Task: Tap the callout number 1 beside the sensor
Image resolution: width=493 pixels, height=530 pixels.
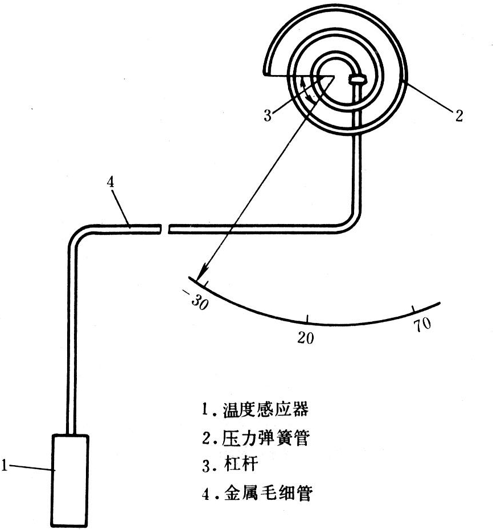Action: [x=4, y=466]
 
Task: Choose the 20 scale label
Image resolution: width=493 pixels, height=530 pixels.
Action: [x=306, y=337]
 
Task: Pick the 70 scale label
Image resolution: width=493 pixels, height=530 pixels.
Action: [x=422, y=325]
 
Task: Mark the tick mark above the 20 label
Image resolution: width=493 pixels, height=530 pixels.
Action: [x=308, y=319]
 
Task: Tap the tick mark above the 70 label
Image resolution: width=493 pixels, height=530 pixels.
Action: [x=413, y=310]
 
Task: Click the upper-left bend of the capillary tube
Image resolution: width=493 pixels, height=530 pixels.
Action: [x=77, y=233]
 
